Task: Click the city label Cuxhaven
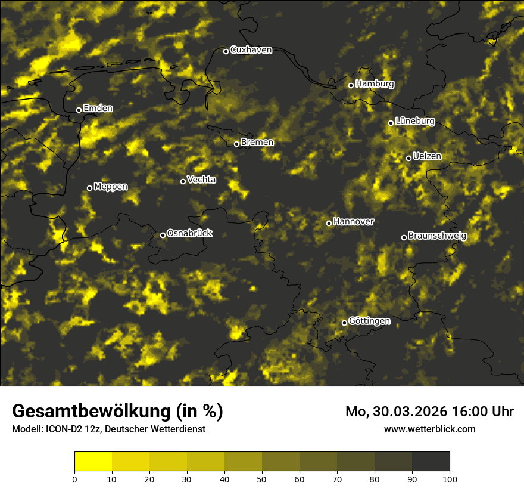pyautogui.click(x=251, y=50)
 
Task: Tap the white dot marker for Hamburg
pyautogui.click(x=351, y=85)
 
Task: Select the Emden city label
pyautogui.click(x=98, y=109)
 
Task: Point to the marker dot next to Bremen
pyautogui.click(x=236, y=144)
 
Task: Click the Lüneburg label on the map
pyautogui.click(x=414, y=122)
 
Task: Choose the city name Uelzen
pyautogui.click(x=427, y=157)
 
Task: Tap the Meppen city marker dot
pyautogui.click(x=89, y=188)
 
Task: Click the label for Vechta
pyautogui.click(x=201, y=180)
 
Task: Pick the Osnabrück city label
pyautogui.click(x=189, y=234)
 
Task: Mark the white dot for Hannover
pyautogui.click(x=329, y=223)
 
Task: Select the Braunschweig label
pyautogui.click(x=437, y=236)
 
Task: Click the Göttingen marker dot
pyautogui.click(x=344, y=323)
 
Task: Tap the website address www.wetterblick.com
pyautogui.click(x=429, y=429)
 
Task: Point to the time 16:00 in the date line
pyautogui.click(x=471, y=412)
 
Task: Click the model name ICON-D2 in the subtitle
pyautogui.click(x=62, y=429)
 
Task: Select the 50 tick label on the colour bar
pyautogui.click(x=262, y=479)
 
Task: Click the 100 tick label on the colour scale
pyautogui.click(x=450, y=479)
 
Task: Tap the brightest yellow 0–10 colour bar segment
pyautogui.click(x=93, y=462)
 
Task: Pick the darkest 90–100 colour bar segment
pyautogui.click(x=431, y=462)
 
